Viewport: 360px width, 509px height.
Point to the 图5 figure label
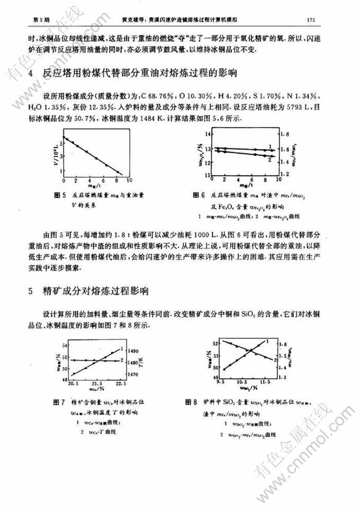pos(59,194)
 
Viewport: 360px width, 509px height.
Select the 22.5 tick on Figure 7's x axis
pos(121,383)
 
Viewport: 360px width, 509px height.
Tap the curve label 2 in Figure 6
pos(270,159)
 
